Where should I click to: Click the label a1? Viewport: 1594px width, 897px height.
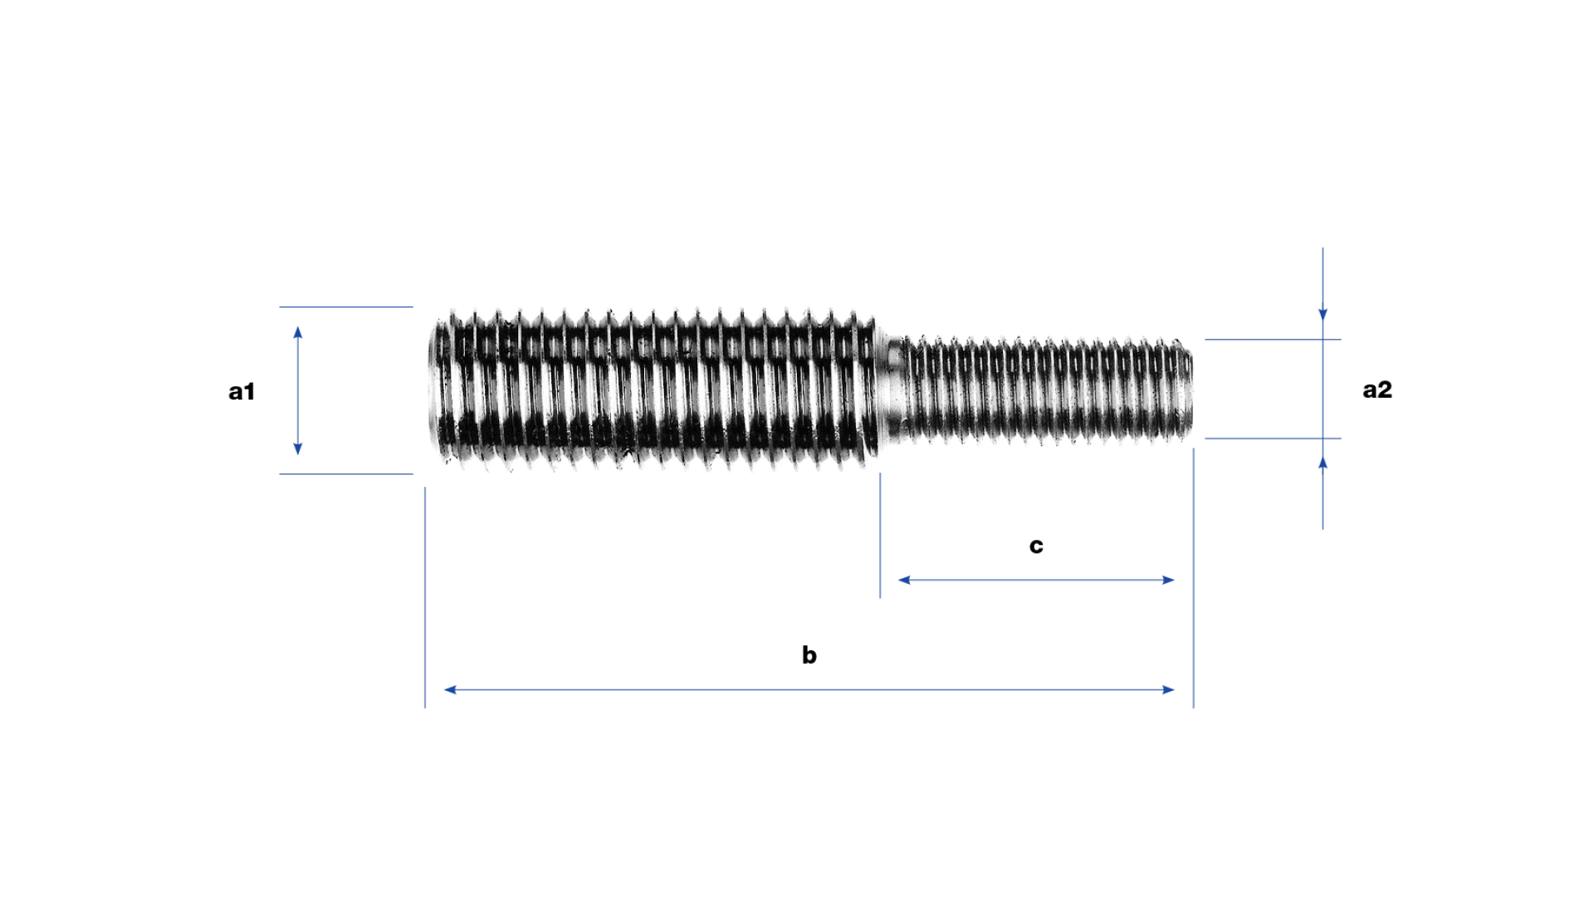point(242,391)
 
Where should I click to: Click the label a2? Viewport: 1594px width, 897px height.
point(1377,390)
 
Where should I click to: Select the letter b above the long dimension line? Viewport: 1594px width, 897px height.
point(809,654)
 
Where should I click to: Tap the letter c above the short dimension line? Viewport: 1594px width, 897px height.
point(1036,546)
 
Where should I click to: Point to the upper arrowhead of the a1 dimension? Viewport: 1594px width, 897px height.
point(298,332)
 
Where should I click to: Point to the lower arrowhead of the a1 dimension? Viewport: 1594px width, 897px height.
point(298,449)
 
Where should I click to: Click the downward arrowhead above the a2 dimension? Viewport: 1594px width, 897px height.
point(1323,315)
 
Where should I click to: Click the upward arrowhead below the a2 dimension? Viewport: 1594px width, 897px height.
point(1323,463)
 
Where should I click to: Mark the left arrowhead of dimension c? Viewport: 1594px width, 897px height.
point(904,580)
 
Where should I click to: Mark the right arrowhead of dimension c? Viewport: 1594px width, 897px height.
point(1169,580)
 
